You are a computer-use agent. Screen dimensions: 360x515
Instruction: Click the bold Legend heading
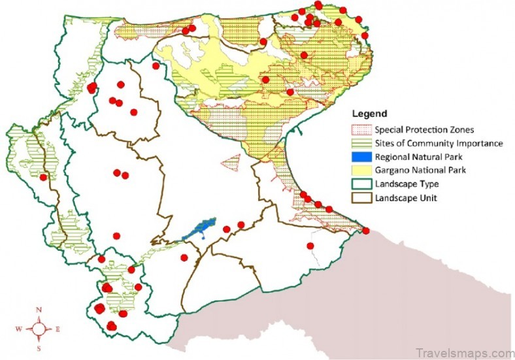pyautogui.click(x=370, y=113)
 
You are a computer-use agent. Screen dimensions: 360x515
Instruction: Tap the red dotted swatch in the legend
pyautogui.click(x=362, y=129)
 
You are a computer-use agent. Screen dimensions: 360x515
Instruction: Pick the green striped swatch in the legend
pyautogui.click(x=362, y=143)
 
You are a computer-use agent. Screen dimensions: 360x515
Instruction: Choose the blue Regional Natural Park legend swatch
pyautogui.click(x=362, y=157)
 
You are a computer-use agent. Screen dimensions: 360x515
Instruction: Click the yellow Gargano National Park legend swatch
pyautogui.click(x=362, y=171)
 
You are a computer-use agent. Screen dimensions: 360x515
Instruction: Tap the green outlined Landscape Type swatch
pyautogui.click(x=362, y=184)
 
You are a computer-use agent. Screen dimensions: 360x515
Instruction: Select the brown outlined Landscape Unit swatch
pyautogui.click(x=362, y=198)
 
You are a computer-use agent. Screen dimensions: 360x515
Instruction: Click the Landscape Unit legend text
pyautogui.click(x=405, y=198)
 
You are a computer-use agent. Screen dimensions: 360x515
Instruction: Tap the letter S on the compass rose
pyautogui.click(x=39, y=349)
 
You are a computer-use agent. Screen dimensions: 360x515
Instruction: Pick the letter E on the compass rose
pyautogui.click(x=58, y=329)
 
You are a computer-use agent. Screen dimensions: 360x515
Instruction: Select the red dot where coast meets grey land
pyautogui.click(x=366, y=231)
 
